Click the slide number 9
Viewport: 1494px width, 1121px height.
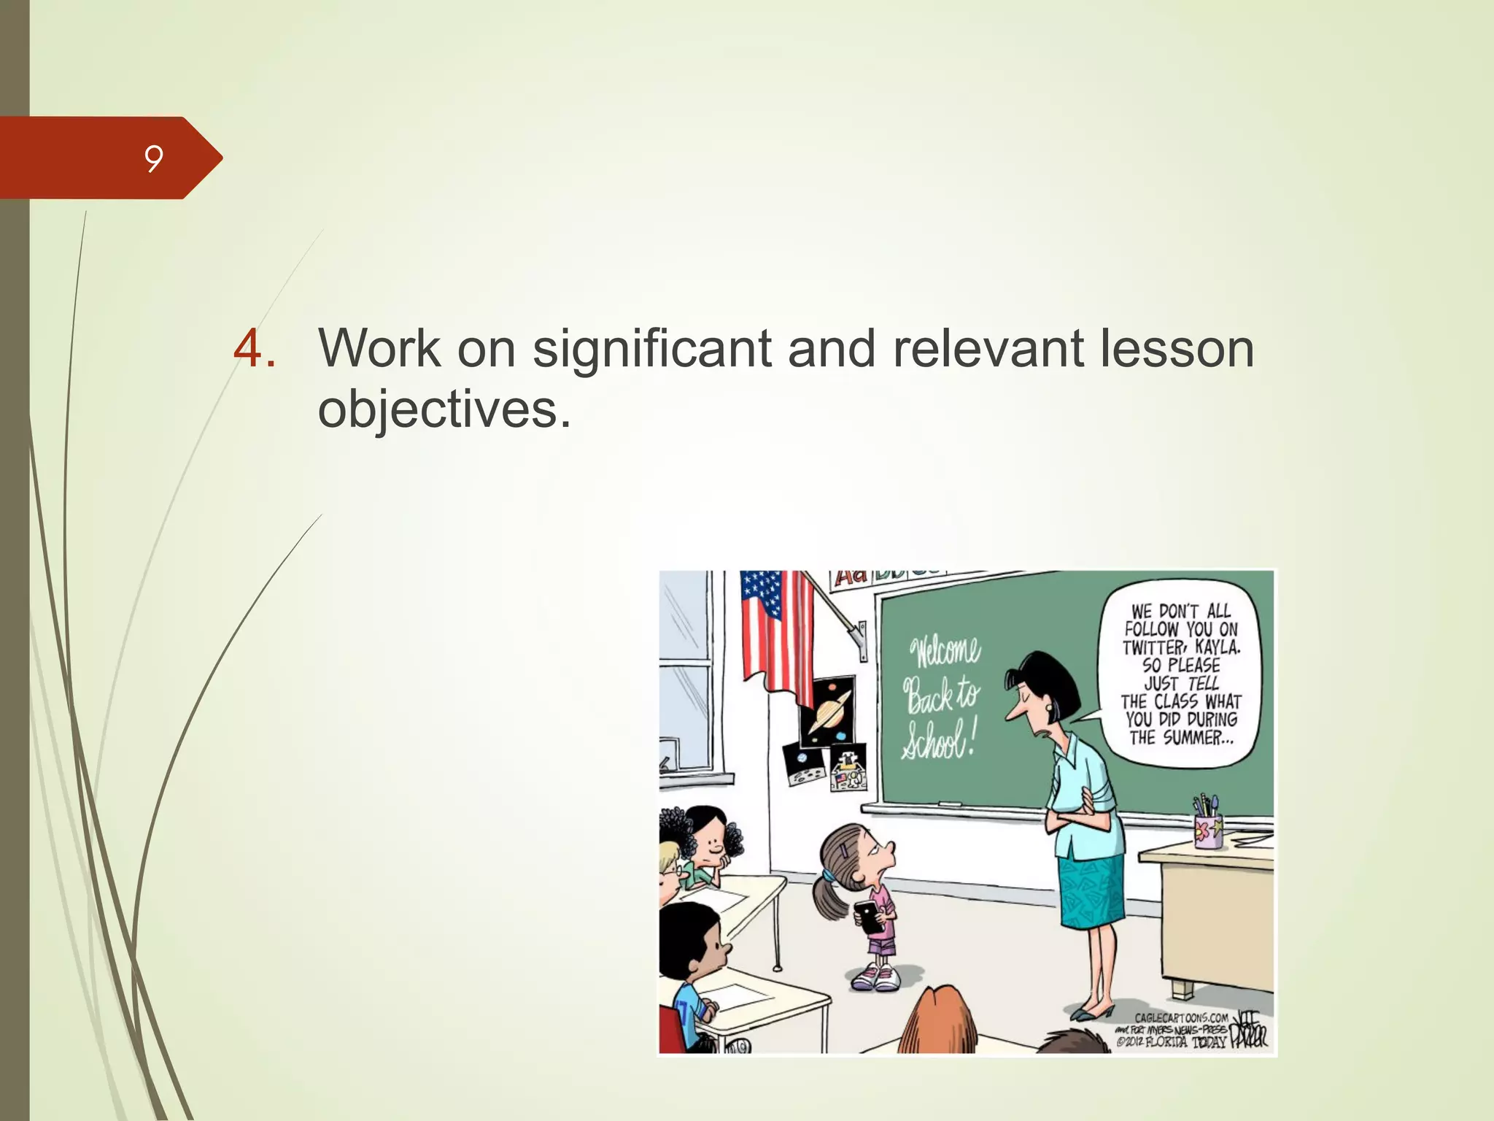click(153, 158)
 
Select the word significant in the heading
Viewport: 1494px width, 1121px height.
click(651, 349)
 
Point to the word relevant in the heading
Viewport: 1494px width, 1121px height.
click(987, 348)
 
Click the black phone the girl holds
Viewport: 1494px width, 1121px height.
click(868, 917)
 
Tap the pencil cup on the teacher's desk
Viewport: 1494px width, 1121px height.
click(1208, 825)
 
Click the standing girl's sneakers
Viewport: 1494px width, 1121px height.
click(876, 976)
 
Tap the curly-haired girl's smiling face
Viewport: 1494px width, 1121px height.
click(710, 845)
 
